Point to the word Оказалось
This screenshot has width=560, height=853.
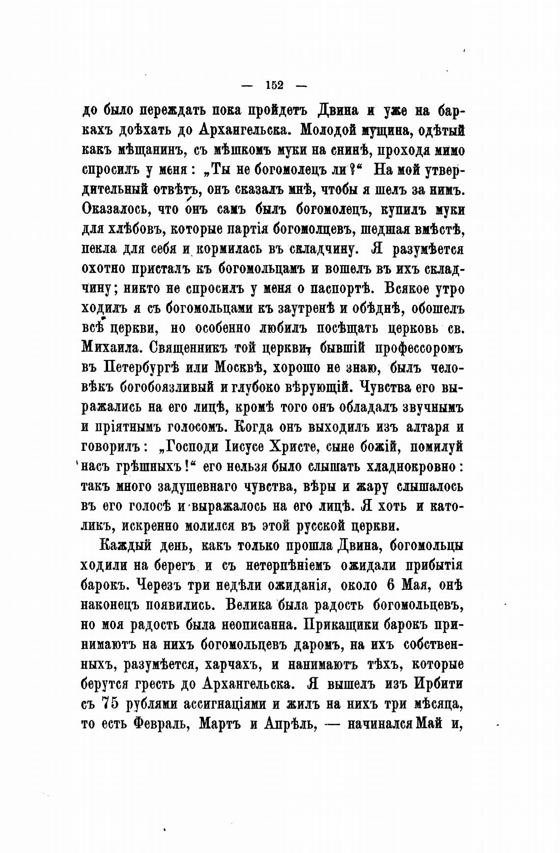[115, 210]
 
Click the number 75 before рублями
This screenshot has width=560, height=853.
[109, 703]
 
